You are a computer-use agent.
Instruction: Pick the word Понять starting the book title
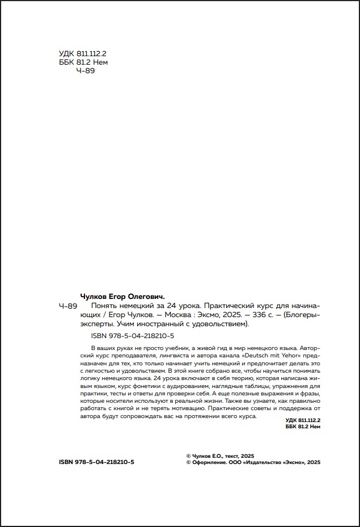click(98, 305)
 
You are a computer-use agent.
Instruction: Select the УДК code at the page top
click(83, 54)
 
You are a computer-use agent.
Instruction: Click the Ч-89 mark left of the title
click(68, 305)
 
